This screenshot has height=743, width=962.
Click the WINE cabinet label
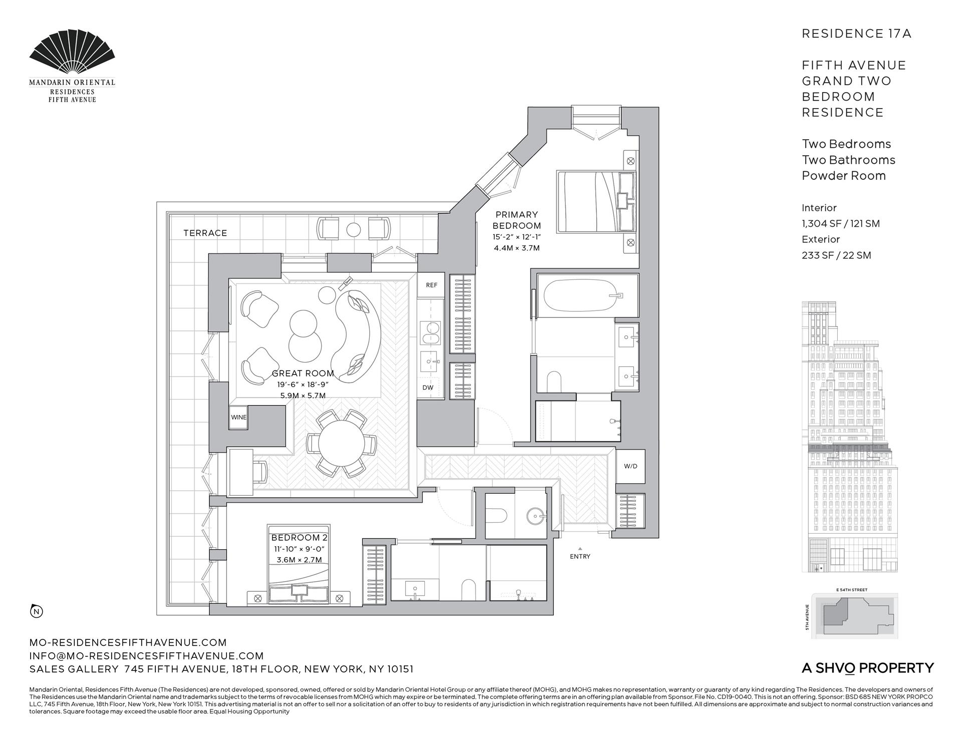pyautogui.click(x=238, y=417)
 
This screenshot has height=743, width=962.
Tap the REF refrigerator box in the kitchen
pyautogui.click(x=431, y=285)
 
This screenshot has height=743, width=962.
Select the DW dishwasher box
pyautogui.click(x=427, y=388)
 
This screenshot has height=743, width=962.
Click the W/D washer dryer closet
pyautogui.click(x=630, y=466)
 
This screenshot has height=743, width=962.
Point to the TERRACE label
pyautogui.click(x=205, y=233)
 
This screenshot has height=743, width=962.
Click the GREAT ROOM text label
pyautogui.click(x=303, y=373)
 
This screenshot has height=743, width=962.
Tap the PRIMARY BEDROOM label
pyautogui.click(x=517, y=220)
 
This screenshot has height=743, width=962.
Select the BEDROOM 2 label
pyautogui.click(x=299, y=538)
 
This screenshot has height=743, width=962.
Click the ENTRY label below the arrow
pyautogui.click(x=580, y=556)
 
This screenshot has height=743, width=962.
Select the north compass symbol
pyautogui.click(x=37, y=611)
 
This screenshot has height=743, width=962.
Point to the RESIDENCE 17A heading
pyautogui.click(x=856, y=34)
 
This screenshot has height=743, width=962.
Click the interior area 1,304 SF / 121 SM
pyautogui.click(x=840, y=224)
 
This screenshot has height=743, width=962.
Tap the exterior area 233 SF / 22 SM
pyautogui.click(x=836, y=255)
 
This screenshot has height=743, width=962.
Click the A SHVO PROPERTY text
pyautogui.click(x=868, y=668)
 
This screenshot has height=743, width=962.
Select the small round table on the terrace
pyautogui.click(x=354, y=229)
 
